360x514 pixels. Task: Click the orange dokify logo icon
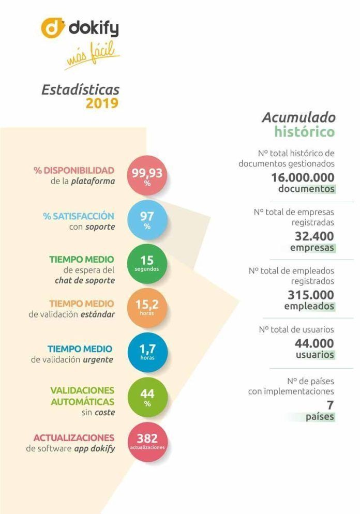(x=52, y=28)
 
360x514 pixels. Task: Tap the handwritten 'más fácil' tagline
(x=92, y=55)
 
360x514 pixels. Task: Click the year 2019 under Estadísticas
(x=102, y=103)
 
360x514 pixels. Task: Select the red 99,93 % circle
(x=147, y=176)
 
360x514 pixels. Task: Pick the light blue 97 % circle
(x=147, y=220)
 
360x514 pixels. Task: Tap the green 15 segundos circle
(x=147, y=264)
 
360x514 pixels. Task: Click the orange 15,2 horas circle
(x=147, y=308)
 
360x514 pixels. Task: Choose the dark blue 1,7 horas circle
(x=147, y=352)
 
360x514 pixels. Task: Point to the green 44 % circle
(x=147, y=397)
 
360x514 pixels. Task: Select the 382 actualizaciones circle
(x=147, y=442)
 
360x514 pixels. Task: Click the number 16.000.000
(x=303, y=177)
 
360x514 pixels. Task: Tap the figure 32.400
(x=314, y=236)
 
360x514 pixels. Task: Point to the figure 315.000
(x=311, y=295)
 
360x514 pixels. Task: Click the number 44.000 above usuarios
(x=314, y=343)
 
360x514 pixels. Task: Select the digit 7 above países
(x=330, y=405)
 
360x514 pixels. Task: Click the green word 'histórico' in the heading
(x=305, y=132)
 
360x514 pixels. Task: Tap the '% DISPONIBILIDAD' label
(x=74, y=171)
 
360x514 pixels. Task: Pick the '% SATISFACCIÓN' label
(x=79, y=216)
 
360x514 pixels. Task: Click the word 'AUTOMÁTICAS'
(x=83, y=402)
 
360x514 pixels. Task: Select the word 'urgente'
(x=98, y=359)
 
